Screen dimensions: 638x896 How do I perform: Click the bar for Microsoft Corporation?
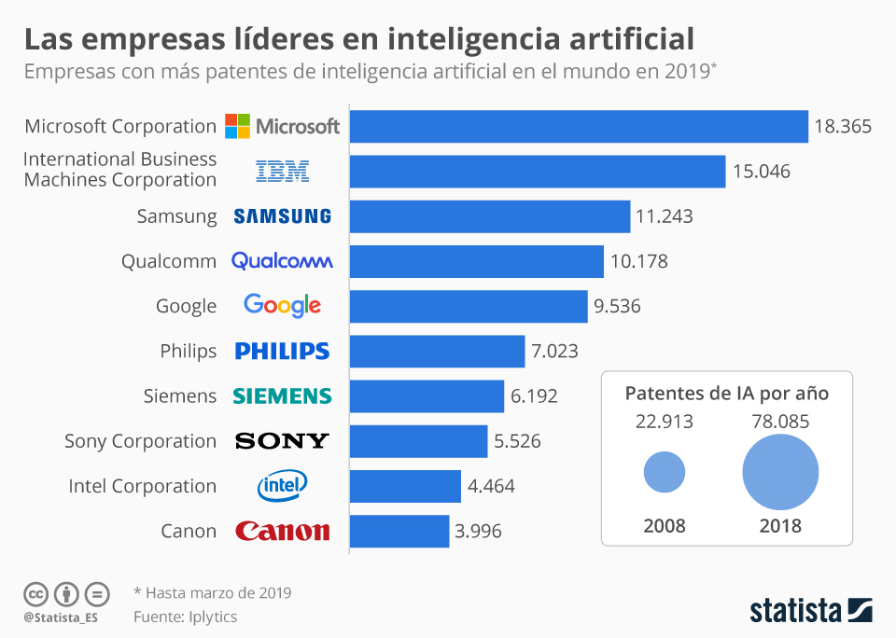pyautogui.click(x=579, y=127)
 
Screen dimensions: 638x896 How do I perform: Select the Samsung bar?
pyautogui.click(x=490, y=216)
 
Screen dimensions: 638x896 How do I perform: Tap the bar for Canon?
pyautogui.click(x=399, y=532)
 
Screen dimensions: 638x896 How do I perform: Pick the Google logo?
pyautogui.click(x=282, y=305)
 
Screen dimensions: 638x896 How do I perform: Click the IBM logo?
pyautogui.click(x=282, y=171)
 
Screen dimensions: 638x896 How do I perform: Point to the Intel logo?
pyautogui.click(x=282, y=485)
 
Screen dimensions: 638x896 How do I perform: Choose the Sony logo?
pyautogui.click(x=282, y=440)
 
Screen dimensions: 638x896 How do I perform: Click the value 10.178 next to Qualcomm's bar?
pyautogui.click(x=639, y=261)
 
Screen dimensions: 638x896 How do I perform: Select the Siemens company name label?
pyautogui.click(x=180, y=395)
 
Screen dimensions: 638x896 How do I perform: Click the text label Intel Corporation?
pyautogui.click(x=142, y=486)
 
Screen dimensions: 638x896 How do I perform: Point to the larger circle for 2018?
pyautogui.click(x=780, y=472)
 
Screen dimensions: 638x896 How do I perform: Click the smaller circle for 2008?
pyautogui.click(x=665, y=472)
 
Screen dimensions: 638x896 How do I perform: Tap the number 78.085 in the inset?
pyautogui.click(x=780, y=422)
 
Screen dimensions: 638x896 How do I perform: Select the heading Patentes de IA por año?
pyautogui.click(x=726, y=393)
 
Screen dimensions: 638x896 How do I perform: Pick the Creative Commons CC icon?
pyautogui.click(x=35, y=593)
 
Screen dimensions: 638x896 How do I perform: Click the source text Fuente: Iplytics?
pyautogui.click(x=185, y=617)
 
